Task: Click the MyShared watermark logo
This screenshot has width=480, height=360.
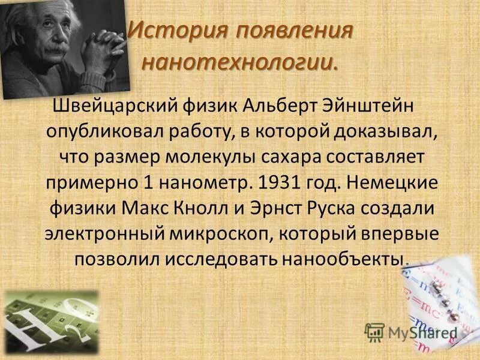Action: click(x=411, y=332)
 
